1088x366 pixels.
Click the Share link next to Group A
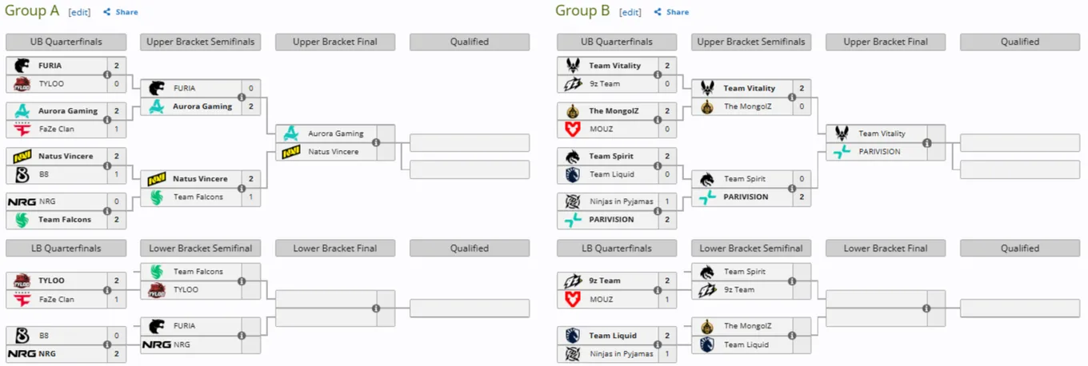coord(121,12)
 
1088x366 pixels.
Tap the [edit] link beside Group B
coord(630,12)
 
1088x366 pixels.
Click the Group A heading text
coord(32,10)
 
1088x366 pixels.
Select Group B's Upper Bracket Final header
coord(886,42)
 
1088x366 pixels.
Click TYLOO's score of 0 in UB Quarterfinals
coord(117,83)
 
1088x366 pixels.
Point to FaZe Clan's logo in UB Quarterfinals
coord(22,129)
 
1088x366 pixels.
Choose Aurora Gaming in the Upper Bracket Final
coord(336,133)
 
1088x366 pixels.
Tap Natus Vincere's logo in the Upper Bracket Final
coord(291,152)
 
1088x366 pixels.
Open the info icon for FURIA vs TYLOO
coord(107,75)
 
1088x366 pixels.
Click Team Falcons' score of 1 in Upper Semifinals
coord(250,197)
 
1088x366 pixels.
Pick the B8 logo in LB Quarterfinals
coord(22,336)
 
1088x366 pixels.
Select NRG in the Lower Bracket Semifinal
coord(182,344)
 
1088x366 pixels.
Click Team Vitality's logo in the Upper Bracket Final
coord(842,133)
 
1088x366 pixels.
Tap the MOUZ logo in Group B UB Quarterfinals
coord(573,129)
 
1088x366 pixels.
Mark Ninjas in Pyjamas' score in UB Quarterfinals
coord(667,201)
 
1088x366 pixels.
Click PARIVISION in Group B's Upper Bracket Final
coord(879,152)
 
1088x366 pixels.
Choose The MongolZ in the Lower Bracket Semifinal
coord(747,326)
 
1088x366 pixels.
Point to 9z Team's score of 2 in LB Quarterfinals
coord(667,280)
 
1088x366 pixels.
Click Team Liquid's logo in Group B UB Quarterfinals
coord(573,174)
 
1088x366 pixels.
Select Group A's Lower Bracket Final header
coord(335,249)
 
